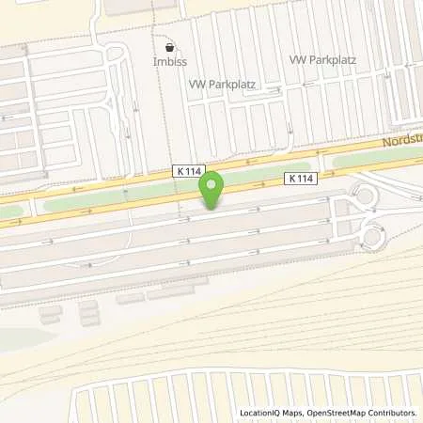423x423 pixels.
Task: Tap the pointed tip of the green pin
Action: tap(213, 208)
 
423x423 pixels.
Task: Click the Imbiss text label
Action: tap(169, 62)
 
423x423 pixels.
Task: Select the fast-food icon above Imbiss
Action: tap(169, 46)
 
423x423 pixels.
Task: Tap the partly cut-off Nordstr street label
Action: tap(402, 142)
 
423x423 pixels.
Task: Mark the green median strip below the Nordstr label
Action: tap(376, 160)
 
